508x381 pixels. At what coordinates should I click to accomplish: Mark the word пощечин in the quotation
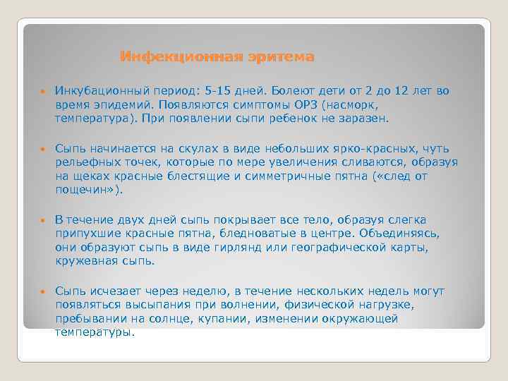[x=84, y=190]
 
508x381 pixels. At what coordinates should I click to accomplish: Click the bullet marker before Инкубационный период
[x=42, y=92]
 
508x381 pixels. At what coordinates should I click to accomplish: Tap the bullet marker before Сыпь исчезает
[x=42, y=291]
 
